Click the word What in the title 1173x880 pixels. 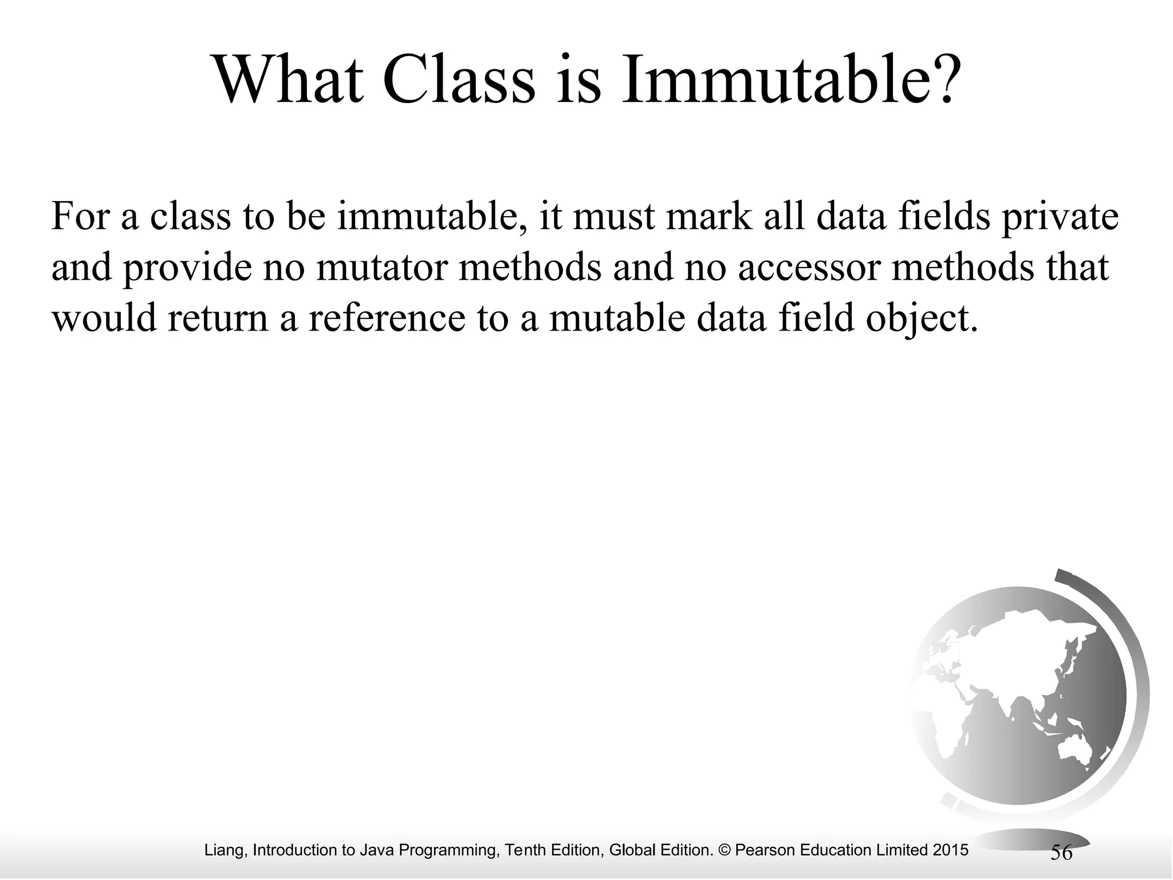point(289,81)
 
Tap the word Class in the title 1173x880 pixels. point(459,81)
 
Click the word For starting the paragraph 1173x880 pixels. point(80,217)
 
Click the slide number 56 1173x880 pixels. point(1061,852)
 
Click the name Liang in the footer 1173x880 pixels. point(225,850)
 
